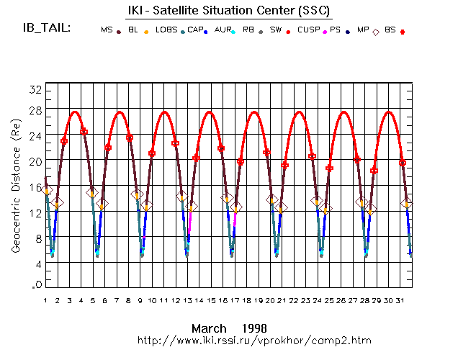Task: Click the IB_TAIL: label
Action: [45, 28]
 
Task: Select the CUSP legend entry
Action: [307, 30]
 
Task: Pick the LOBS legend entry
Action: [166, 30]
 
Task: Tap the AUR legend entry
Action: [223, 30]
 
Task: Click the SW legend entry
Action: [276, 30]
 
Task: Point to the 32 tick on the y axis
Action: [34, 89]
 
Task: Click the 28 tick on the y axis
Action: [34, 110]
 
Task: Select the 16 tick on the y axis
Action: [34, 188]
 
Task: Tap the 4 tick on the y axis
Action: [36, 265]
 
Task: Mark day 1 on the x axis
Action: [45, 300]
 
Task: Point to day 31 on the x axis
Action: [400, 300]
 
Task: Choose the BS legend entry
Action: [390, 30]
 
